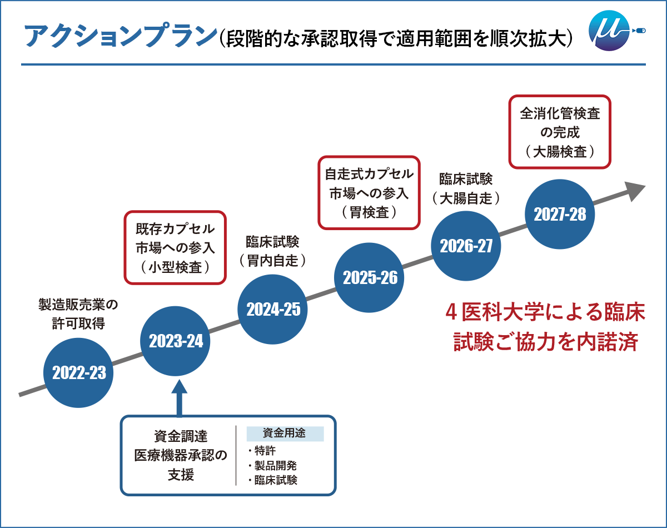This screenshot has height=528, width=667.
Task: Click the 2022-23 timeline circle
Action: click(x=79, y=373)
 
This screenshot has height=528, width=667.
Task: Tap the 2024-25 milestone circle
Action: click(x=273, y=309)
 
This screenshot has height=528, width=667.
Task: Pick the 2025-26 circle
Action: click(x=370, y=277)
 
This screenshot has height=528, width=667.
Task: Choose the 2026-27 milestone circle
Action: click(x=466, y=246)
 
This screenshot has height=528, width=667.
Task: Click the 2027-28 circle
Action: click(x=560, y=214)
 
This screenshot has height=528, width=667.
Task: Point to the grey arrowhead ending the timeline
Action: click(x=635, y=190)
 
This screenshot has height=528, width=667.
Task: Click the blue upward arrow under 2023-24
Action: click(x=179, y=396)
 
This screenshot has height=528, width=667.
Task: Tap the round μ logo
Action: click(x=610, y=33)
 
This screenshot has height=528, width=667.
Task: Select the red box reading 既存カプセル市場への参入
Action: click(x=175, y=247)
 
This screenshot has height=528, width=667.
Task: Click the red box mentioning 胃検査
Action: click(x=369, y=192)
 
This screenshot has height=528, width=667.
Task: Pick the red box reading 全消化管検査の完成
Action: click(x=560, y=132)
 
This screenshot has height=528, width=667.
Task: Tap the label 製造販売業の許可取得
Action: click(x=78, y=314)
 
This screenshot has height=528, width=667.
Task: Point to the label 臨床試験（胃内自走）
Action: click(x=272, y=251)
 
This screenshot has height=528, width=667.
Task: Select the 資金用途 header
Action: click(x=284, y=434)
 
